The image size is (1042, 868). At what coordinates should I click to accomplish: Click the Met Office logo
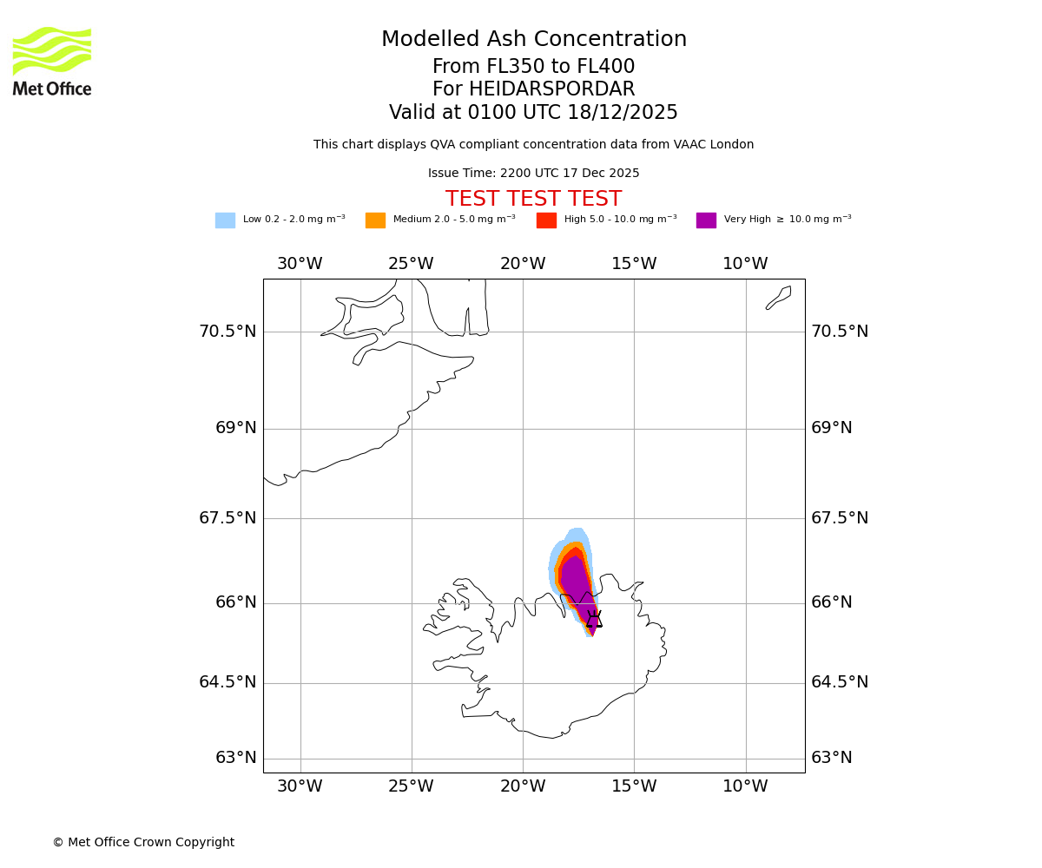point(52,62)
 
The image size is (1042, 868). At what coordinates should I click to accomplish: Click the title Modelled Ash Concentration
point(534,40)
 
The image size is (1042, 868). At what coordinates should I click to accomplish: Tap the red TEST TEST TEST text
point(533,199)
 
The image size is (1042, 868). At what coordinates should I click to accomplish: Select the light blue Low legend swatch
point(225,220)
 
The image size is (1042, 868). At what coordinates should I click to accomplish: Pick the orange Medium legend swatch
point(375,220)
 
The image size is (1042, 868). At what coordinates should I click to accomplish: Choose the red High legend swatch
point(546,220)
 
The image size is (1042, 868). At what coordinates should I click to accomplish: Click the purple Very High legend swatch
point(706,220)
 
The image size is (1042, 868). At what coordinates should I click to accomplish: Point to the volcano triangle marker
point(594,619)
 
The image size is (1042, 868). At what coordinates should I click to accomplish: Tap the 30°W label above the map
point(300,264)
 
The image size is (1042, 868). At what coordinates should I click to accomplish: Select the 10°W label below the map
point(745,786)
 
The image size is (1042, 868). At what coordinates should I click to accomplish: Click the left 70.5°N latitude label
point(228,332)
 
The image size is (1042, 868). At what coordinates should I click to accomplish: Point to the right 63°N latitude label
point(831,758)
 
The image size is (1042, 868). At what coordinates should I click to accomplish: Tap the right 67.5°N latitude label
point(840,518)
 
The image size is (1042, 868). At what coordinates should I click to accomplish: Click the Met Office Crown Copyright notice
point(143,842)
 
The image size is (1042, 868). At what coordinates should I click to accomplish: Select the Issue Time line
point(533,174)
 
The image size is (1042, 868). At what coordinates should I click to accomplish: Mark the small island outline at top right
point(779,297)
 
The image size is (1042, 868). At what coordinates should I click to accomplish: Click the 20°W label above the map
point(523,264)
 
